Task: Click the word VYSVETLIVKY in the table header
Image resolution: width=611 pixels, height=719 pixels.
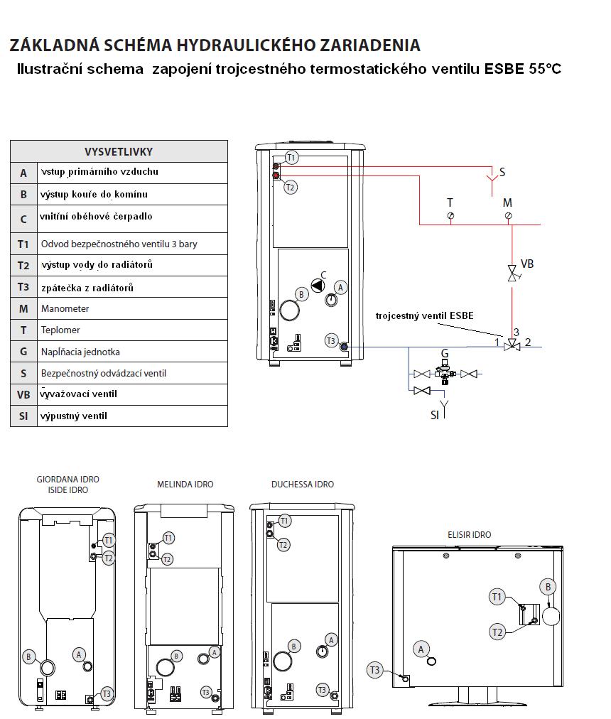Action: [x=119, y=151]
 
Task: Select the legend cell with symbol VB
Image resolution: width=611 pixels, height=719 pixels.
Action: [x=23, y=394]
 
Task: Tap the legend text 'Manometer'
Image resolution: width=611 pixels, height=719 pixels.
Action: [x=65, y=309]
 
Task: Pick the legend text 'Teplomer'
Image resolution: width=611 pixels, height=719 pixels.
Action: [x=60, y=330]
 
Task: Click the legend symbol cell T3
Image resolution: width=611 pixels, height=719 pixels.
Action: [x=23, y=287]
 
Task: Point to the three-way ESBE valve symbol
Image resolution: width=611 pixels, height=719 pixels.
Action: [x=512, y=346]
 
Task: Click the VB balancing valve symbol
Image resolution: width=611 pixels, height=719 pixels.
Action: [x=512, y=273]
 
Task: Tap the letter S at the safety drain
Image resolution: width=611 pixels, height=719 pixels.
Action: [x=502, y=172]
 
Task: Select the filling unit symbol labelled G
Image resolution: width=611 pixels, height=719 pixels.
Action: [x=445, y=371]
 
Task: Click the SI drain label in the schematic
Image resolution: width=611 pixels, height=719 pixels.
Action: [x=434, y=415]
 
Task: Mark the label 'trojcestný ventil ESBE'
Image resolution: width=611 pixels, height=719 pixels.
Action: [x=424, y=315]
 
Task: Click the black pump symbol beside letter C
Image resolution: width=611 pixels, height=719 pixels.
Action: [x=319, y=286]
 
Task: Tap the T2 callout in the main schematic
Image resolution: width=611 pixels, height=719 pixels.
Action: [x=290, y=188]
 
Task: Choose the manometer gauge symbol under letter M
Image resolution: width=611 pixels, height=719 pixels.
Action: [x=508, y=215]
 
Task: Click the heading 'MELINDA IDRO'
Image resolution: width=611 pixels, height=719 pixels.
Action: [x=185, y=485]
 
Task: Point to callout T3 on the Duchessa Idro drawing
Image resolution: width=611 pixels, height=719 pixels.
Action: [x=323, y=690]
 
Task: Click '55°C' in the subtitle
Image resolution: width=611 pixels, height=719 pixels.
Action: [x=544, y=70]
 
